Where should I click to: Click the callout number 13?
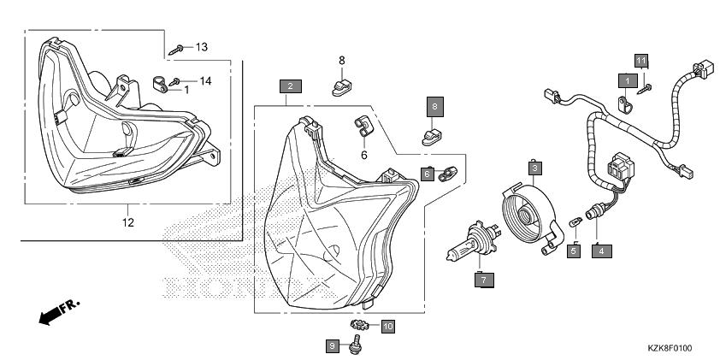click(x=202, y=46)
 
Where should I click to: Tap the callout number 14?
click(x=205, y=81)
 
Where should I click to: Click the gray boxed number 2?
click(x=291, y=86)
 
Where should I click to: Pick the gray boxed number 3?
click(x=533, y=168)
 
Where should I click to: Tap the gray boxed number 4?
click(x=601, y=251)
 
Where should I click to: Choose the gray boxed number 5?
click(x=575, y=251)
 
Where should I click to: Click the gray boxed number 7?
click(x=483, y=280)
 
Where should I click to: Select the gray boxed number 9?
click(x=332, y=345)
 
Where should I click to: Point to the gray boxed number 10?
click(x=387, y=326)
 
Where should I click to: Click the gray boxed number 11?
click(x=641, y=59)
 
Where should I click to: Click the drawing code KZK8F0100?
click(x=669, y=349)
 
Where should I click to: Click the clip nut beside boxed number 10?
click(x=360, y=326)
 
